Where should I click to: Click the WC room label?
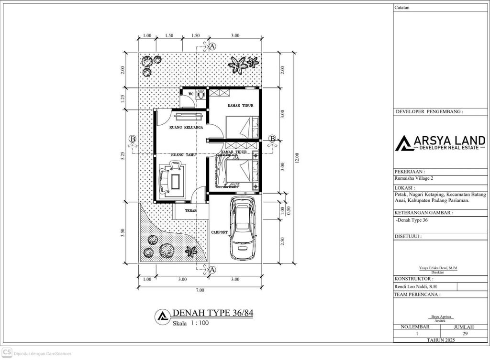(x=191, y=94)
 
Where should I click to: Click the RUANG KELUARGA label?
(x=186, y=127)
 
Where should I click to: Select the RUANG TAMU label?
(x=184, y=154)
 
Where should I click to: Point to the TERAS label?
(x=190, y=211)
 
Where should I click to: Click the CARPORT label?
(x=219, y=232)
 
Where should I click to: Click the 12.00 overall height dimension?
(x=297, y=158)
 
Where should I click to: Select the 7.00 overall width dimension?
(x=200, y=290)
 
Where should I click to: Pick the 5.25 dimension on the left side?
(x=123, y=156)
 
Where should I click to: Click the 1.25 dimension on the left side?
(x=123, y=98)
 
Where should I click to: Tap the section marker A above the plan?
(x=212, y=46)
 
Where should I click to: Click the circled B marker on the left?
(x=133, y=139)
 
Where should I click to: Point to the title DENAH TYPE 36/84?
(x=213, y=313)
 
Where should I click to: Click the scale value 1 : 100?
(x=200, y=323)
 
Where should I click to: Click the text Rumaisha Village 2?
(x=414, y=179)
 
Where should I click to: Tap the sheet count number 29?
(x=465, y=333)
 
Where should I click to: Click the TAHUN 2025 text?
(x=441, y=340)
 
